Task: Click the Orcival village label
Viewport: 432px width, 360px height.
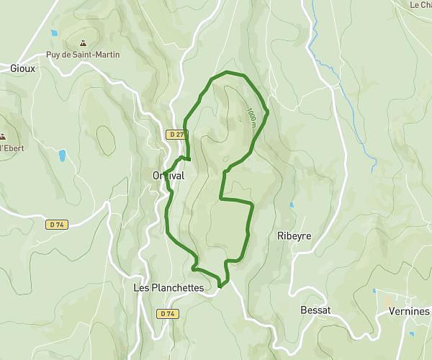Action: coord(168,176)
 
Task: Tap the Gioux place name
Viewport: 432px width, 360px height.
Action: coord(23,68)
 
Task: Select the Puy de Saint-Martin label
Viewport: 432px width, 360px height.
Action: coord(92,55)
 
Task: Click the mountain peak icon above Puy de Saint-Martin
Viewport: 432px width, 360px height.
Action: coord(85,42)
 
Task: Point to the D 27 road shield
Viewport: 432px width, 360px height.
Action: coord(175,135)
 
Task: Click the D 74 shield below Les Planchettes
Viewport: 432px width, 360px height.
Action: coord(167,314)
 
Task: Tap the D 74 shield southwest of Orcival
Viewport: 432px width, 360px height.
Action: coord(57,225)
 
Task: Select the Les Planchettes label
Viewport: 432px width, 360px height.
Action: coord(168,287)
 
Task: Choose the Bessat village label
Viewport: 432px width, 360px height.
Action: coord(315,310)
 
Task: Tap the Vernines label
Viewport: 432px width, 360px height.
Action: coord(411,312)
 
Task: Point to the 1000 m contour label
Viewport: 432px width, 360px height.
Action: coord(252,118)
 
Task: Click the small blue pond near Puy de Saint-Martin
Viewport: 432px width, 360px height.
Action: coord(53,33)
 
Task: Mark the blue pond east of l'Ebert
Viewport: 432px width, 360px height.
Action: coord(63,154)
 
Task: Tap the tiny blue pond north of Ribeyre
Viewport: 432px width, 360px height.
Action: coord(292,205)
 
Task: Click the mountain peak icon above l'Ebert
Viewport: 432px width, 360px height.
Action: coord(3,136)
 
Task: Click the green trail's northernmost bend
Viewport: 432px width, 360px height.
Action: coord(229,72)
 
